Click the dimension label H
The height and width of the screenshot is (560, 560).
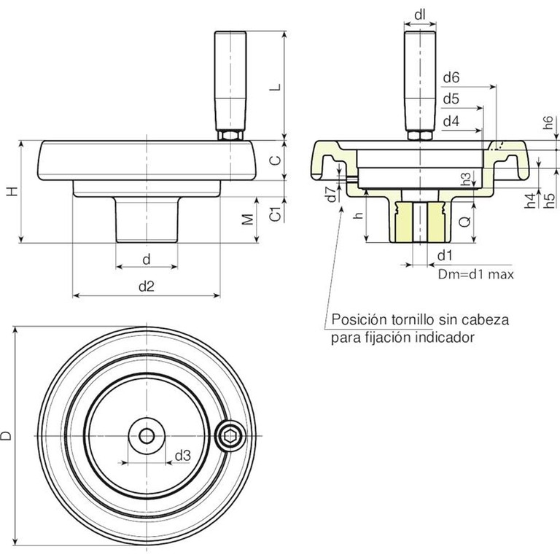pyautogui.click(x=11, y=191)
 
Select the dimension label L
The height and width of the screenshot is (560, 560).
pyautogui.click(x=274, y=85)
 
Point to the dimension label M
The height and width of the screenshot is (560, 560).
pyautogui.click(x=248, y=219)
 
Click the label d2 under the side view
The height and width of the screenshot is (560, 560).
pyautogui.click(x=147, y=287)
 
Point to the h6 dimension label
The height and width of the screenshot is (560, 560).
pyautogui.click(x=548, y=125)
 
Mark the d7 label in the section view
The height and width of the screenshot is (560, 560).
pyautogui.click(x=330, y=194)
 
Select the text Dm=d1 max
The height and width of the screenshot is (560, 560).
pyautogui.click(x=476, y=275)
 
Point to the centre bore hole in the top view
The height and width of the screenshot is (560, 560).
pyautogui.click(x=147, y=436)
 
